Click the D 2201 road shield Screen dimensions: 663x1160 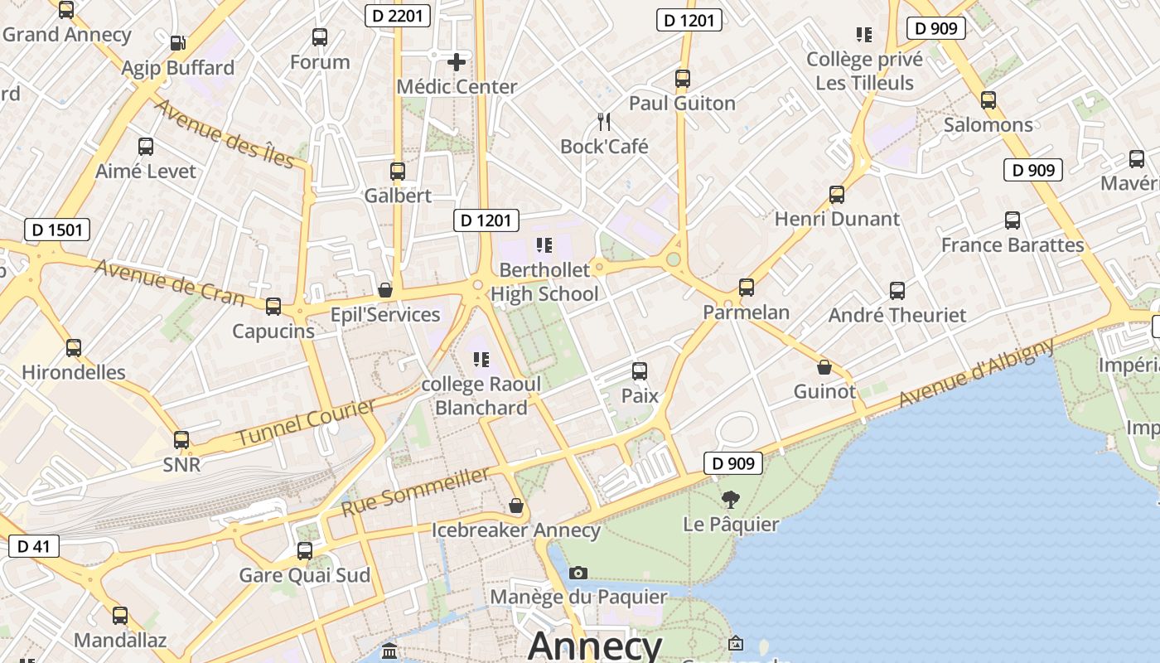pyautogui.click(x=397, y=15)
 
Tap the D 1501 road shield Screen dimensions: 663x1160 pyautogui.click(x=57, y=230)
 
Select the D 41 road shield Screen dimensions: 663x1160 pyautogui.click(x=33, y=545)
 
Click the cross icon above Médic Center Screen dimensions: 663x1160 pyautogui.click(x=456, y=61)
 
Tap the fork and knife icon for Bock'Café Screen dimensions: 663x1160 pyautogui.click(x=604, y=122)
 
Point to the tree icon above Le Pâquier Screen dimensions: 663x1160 pyautogui.click(x=730, y=499)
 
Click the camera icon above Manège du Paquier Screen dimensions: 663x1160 pyautogui.click(x=578, y=573)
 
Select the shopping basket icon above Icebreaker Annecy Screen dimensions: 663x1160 pyautogui.click(x=516, y=506)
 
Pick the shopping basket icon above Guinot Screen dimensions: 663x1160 pyautogui.click(x=824, y=367)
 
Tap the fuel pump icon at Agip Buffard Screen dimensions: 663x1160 pyautogui.click(x=177, y=43)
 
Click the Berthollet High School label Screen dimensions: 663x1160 pyautogui.click(x=544, y=282)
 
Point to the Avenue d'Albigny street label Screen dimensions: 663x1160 pyautogui.click(x=977, y=373)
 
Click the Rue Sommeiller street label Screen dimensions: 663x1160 pyautogui.click(x=415, y=491)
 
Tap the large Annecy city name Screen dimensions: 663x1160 pyautogui.click(x=594, y=646)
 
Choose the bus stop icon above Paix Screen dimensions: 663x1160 pyautogui.click(x=640, y=371)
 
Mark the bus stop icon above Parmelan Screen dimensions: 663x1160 pyautogui.click(x=746, y=288)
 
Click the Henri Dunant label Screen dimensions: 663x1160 pyautogui.click(x=836, y=219)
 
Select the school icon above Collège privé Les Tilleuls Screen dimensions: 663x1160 pyautogui.click(x=864, y=35)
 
